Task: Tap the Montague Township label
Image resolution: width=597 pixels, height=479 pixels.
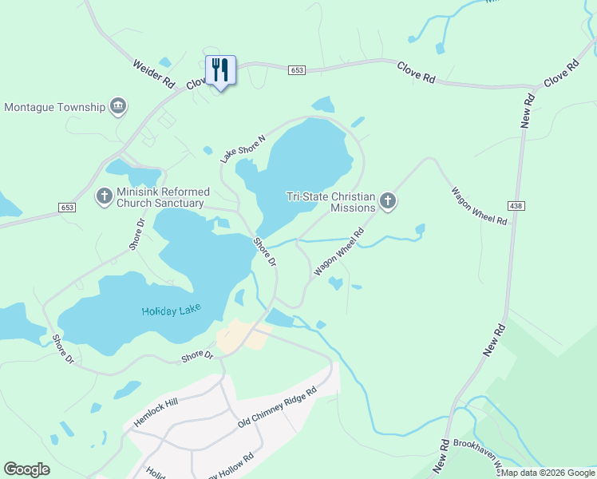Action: [x=55, y=107]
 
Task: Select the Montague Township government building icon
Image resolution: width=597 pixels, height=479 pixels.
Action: [x=118, y=106]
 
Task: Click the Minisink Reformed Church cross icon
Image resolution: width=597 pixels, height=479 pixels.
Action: [x=105, y=196]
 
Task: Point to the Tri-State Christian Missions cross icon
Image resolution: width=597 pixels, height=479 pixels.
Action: [x=388, y=200]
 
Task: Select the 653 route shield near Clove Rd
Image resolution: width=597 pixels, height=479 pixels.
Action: [x=297, y=70]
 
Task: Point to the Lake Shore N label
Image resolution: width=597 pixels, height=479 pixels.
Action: [x=243, y=148]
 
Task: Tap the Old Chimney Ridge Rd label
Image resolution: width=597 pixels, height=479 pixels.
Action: [x=277, y=407]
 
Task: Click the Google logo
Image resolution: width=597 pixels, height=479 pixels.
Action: [x=26, y=469]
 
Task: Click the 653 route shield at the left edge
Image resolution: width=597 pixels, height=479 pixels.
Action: [x=68, y=207]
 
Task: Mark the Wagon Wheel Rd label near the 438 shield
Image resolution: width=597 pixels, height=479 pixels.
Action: [x=479, y=206]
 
